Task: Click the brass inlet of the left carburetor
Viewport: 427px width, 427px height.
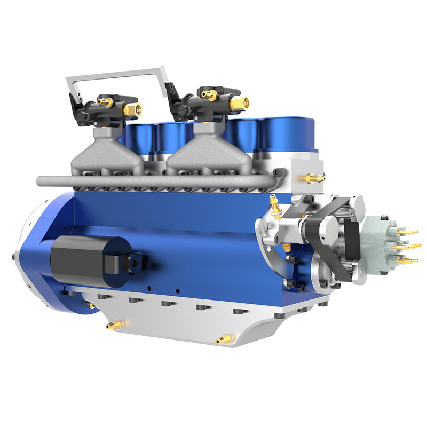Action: [x=132, y=110]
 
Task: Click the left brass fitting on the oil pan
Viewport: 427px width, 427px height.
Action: [x=113, y=325]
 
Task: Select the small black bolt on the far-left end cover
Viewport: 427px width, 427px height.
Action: [x=12, y=257]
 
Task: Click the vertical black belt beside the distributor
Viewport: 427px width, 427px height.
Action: [x=352, y=240]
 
